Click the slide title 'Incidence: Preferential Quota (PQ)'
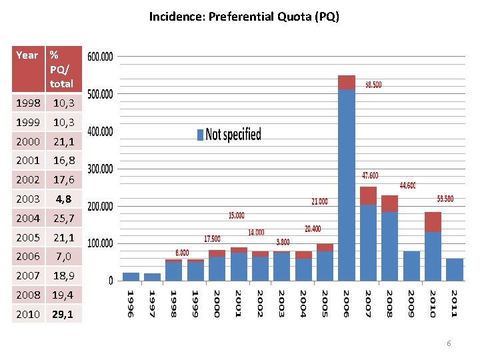(244, 16)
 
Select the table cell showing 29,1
(64, 314)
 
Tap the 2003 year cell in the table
(27, 199)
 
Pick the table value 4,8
(64, 199)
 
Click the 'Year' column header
(27, 55)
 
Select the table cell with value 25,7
(64, 218)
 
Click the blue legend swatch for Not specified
(200, 135)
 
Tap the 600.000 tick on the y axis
(101, 57)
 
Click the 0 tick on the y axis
(111, 281)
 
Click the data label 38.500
(373, 85)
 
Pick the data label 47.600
(370, 175)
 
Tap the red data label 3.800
(283, 242)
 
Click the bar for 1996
(131, 277)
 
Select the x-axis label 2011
(454, 303)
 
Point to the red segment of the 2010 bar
(433, 222)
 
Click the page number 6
(449, 343)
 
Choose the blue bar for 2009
(411, 265)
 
